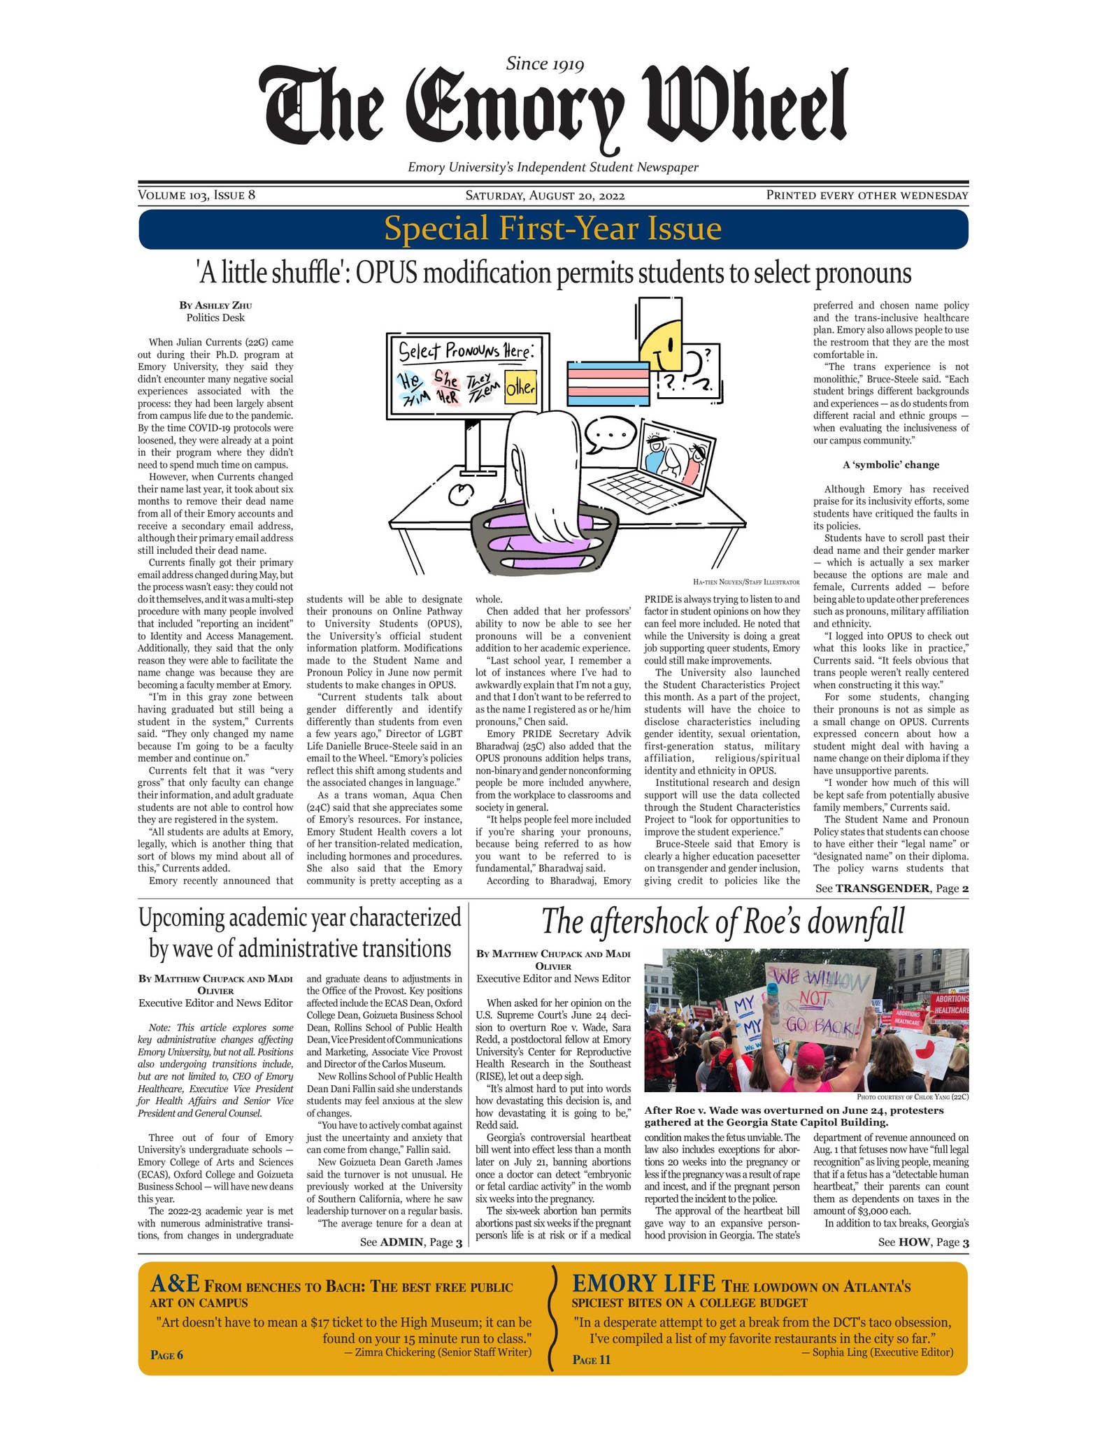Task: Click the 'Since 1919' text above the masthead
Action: click(545, 64)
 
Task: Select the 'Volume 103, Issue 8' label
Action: click(197, 195)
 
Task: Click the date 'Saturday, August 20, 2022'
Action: click(545, 196)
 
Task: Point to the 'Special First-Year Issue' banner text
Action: click(552, 229)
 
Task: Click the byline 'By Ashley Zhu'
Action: click(215, 305)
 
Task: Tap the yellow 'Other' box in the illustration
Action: click(520, 388)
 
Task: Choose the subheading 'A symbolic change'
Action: click(891, 465)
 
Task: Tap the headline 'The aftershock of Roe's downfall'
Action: click(722, 921)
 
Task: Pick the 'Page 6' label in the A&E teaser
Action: click(166, 1355)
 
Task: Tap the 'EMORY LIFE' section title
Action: click(643, 1284)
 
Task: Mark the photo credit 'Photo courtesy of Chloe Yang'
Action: click(912, 1097)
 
